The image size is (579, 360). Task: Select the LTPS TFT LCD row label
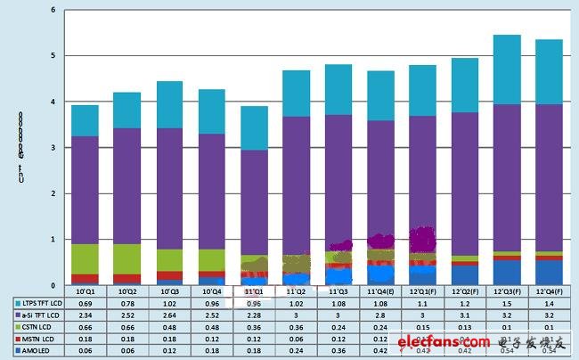37,303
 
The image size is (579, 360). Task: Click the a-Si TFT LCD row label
35,315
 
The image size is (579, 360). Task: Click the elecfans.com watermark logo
443,341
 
